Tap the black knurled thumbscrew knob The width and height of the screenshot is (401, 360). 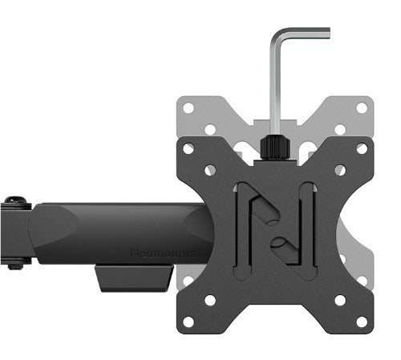coord(273,148)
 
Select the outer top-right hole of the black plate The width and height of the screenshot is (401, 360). coord(362,148)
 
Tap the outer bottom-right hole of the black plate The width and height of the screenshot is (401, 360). coord(362,321)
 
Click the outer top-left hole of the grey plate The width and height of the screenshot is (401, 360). coord(188,107)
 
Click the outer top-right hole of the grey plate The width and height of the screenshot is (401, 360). coord(362,107)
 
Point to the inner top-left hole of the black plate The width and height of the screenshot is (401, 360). coord(211,170)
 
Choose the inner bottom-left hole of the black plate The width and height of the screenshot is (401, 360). coord(211,299)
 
